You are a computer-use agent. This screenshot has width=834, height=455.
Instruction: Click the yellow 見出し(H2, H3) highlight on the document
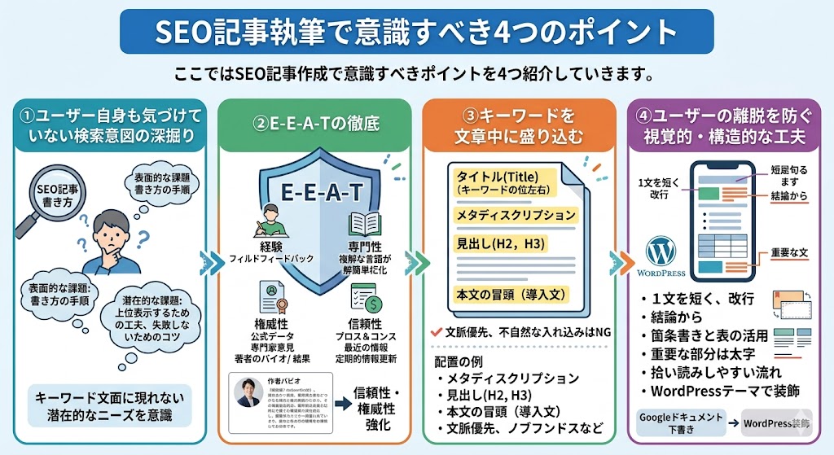(490, 243)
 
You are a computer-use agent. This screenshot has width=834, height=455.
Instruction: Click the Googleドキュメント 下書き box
(681, 422)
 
